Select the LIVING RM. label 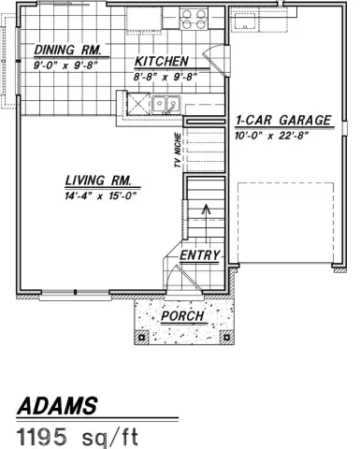pos(102,181)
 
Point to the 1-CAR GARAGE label pos(283,121)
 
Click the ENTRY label pos(199,255)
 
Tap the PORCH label pos(183,316)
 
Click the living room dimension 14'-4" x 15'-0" pos(102,196)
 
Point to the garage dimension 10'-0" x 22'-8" pos(283,135)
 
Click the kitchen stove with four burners pos(193,19)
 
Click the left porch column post pos(142,335)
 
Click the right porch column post pos(224,335)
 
